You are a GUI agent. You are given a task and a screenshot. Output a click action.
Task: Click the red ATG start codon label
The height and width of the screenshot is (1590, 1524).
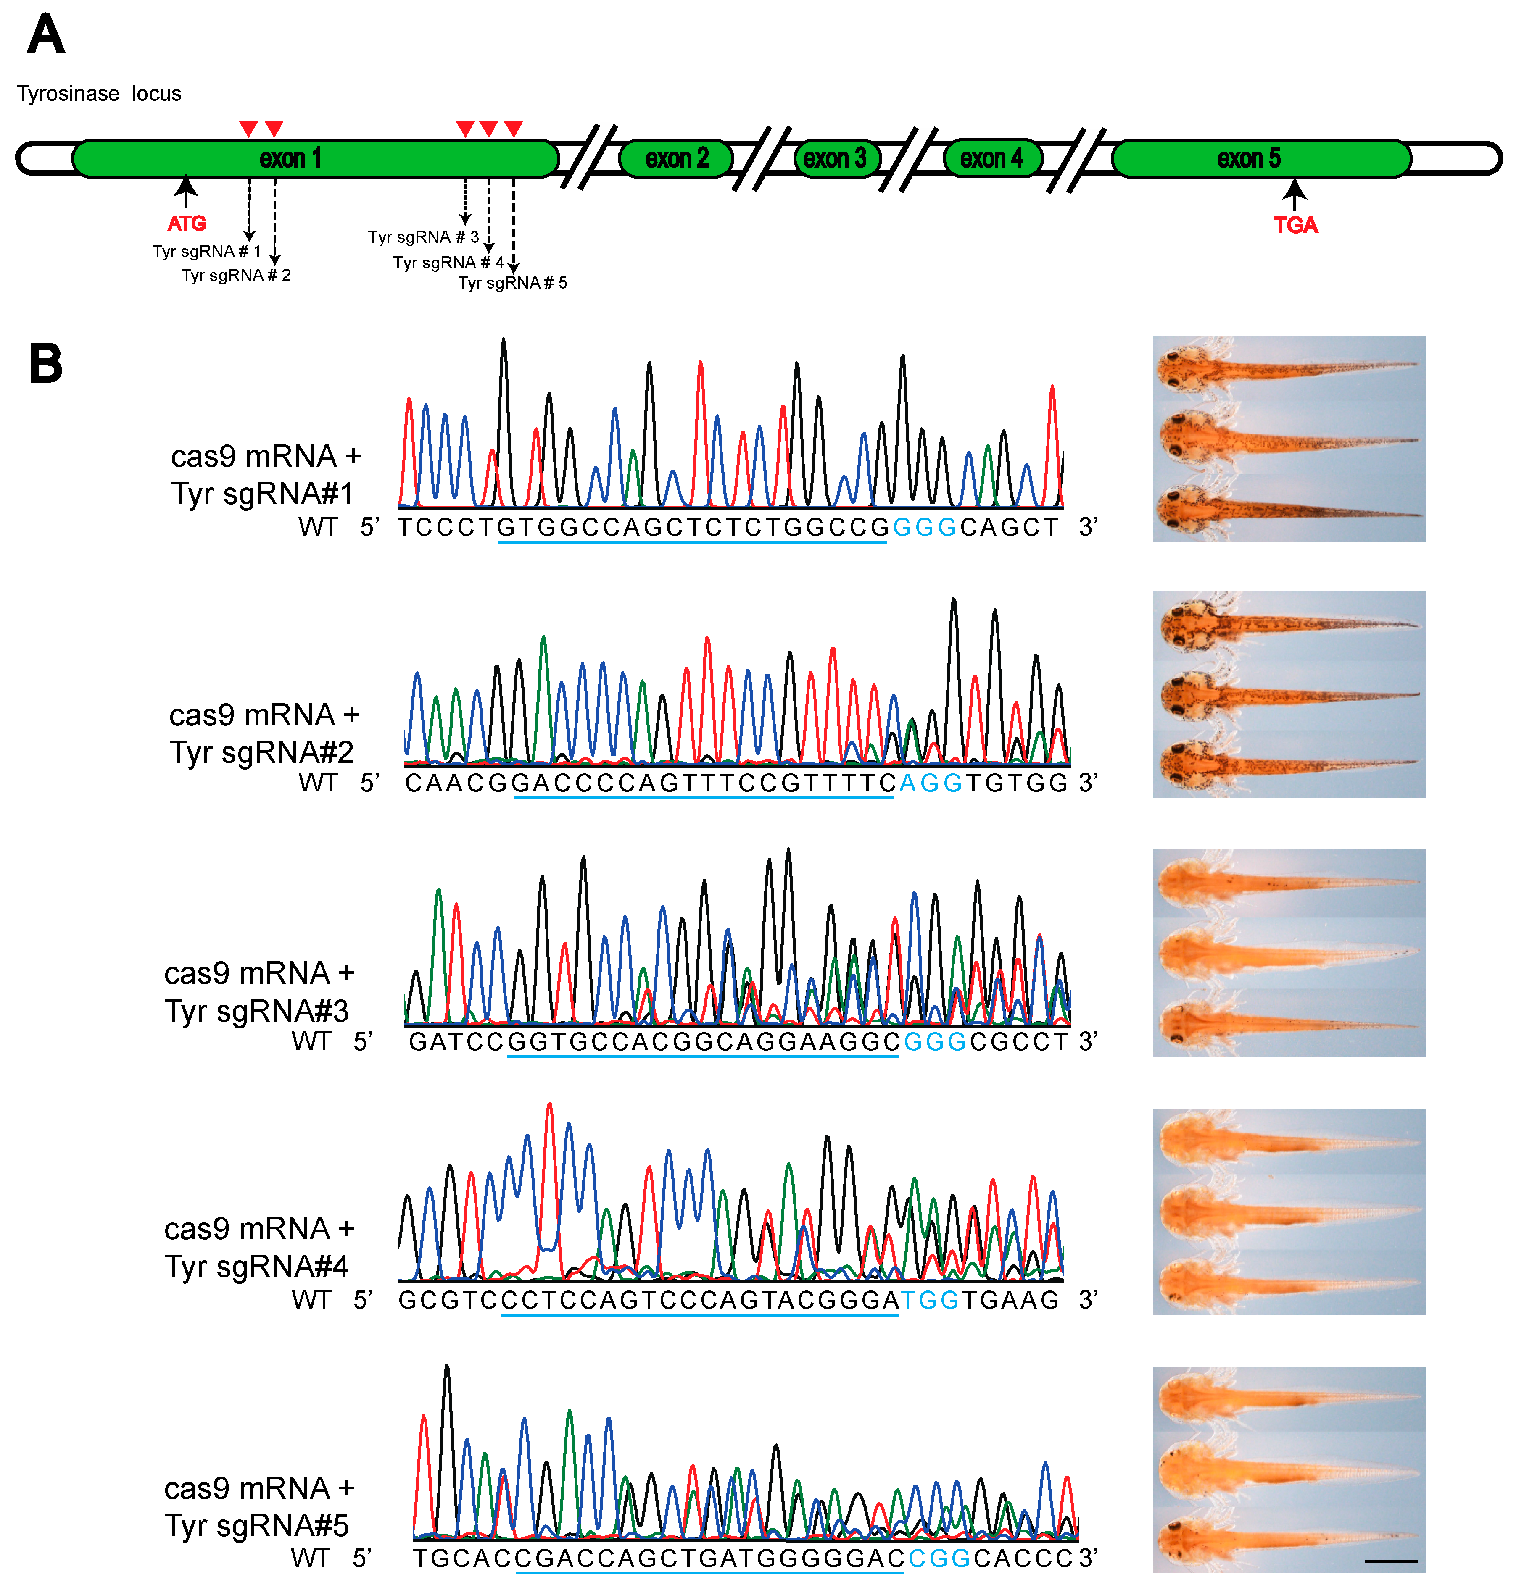click(187, 223)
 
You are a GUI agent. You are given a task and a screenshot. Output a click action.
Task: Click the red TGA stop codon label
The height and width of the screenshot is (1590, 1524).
click(1295, 225)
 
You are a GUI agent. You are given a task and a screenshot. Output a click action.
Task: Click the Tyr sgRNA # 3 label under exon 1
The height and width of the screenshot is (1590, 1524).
click(423, 237)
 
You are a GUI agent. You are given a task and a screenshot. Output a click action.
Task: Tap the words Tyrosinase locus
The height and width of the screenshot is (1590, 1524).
click(99, 94)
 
